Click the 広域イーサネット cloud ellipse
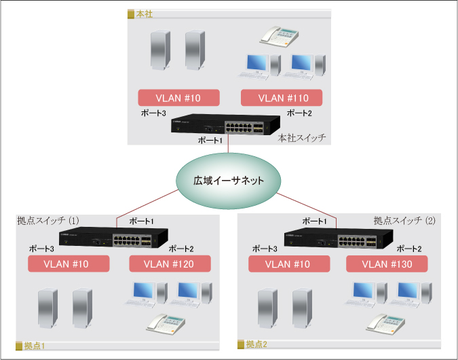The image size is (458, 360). (228, 181)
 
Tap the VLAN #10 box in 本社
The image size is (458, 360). (178, 97)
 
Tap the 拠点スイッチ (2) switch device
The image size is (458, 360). (337, 238)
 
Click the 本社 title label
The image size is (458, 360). (142, 13)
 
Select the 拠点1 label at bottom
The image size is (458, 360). (34, 345)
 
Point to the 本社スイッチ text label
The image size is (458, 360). (302, 137)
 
